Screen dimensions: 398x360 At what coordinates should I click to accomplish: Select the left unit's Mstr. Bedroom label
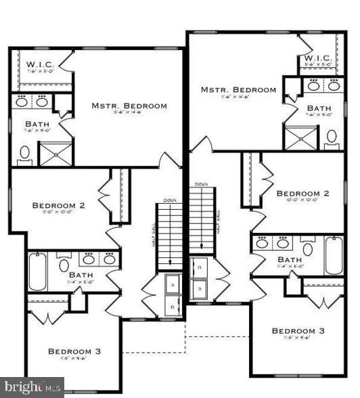tap(129, 106)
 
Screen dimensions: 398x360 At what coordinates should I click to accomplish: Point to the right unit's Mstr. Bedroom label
tap(238, 89)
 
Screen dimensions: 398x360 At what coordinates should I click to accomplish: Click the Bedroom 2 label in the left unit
tap(59, 205)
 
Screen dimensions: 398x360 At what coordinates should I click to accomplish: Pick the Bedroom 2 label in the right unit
tap(302, 193)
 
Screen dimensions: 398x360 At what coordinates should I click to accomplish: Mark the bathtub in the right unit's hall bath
tap(334, 255)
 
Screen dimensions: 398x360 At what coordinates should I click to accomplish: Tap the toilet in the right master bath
tap(332, 138)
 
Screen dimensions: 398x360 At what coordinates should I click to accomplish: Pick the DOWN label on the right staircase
tap(201, 184)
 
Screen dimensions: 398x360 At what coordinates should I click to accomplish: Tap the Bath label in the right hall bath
tap(290, 260)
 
